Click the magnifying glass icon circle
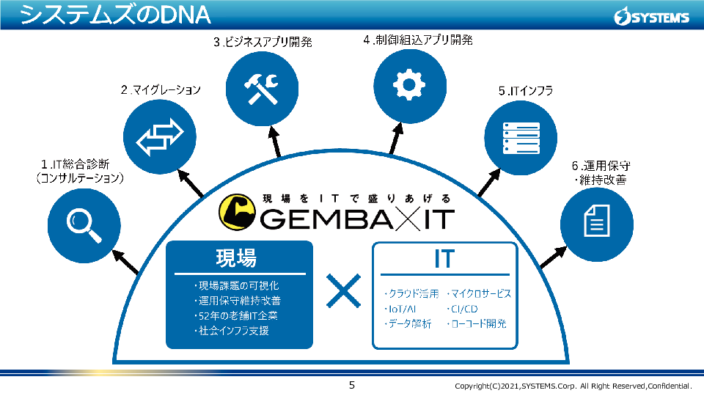pos(82,222)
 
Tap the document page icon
pos(595,221)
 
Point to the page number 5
pos(351,385)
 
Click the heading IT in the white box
pos(444,259)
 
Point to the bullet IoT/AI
pos(400,309)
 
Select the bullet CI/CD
pos(461,309)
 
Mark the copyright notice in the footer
pos(573,386)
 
